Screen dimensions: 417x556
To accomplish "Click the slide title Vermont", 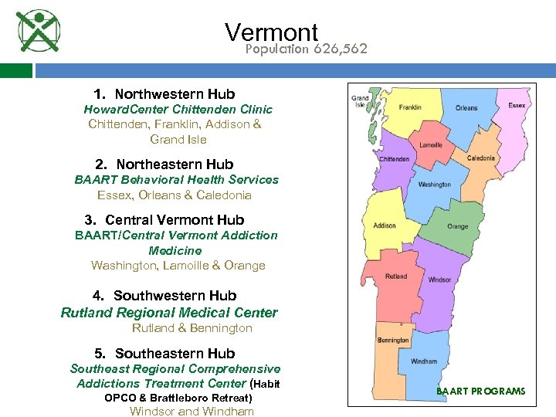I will click(x=271, y=32).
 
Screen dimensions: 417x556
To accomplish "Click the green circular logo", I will click(x=38, y=32).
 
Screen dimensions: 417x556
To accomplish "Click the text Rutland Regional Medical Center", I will click(x=169, y=313).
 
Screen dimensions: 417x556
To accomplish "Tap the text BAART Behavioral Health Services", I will click(x=176, y=179).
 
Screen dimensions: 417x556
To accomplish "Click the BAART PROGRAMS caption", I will click(x=480, y=392).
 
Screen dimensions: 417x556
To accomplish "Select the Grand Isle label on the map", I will click(x=360, y=101).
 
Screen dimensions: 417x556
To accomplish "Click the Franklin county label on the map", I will click(x=410, y=107).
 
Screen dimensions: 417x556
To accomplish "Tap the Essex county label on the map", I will click(x=516, y=104).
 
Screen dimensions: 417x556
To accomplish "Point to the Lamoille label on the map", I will click(x=430, y=145).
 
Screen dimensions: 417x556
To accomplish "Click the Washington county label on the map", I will click(x=434, y=185).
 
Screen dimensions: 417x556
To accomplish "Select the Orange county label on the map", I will click(x=457, y=227).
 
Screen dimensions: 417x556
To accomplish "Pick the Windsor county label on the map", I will click(x=439, y=280).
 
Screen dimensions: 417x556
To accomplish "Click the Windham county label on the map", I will click(x=423, y=361).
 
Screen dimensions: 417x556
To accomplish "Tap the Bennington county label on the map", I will click(x=393, y=341).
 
